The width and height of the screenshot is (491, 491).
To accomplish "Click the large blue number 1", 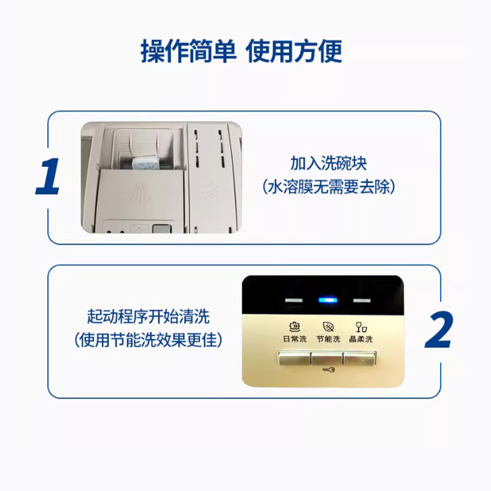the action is point(48,177).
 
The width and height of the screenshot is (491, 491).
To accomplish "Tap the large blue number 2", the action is point(439,330).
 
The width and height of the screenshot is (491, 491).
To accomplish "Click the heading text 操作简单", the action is point(188,52).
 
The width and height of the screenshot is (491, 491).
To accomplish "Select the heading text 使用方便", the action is point(293,52).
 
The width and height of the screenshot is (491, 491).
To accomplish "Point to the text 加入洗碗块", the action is point(328,163).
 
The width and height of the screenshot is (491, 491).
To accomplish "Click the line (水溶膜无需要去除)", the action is point(328,187).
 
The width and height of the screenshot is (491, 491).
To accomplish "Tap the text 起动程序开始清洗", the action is point(148,316).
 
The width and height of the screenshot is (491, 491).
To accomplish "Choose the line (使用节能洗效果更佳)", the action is point(148,340).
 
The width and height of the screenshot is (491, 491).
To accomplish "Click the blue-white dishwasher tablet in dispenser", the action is point(145,163).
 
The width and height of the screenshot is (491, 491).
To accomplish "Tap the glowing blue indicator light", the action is point(328,300).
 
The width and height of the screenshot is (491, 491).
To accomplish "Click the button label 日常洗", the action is point(295,339).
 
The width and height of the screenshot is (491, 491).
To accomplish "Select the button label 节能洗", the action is point(328,339).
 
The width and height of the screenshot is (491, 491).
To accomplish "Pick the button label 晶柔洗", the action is point(361,339).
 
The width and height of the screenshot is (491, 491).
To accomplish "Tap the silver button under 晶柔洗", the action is point(360,358).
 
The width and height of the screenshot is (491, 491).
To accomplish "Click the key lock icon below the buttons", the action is point(328,370).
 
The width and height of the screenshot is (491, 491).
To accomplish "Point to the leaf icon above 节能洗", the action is point(328,327).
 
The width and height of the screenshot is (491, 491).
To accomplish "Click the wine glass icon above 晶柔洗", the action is point(361,327).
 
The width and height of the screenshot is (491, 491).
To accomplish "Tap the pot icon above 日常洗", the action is point(295,327).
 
